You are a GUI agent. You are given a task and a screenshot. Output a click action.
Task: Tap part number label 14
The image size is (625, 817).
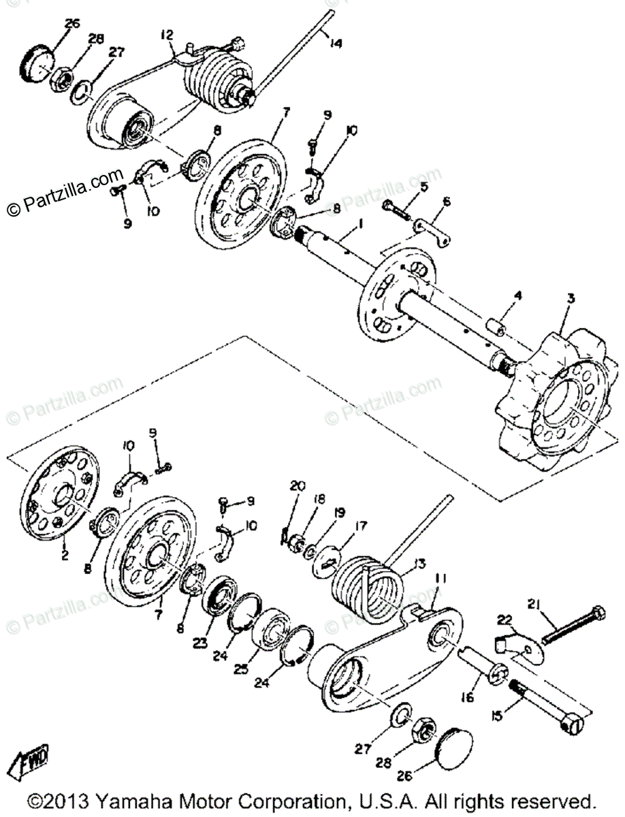(334, 45)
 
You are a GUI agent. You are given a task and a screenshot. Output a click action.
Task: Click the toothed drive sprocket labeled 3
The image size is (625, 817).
(551, 395)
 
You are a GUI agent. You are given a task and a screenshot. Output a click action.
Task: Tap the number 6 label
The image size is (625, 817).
(447, 202)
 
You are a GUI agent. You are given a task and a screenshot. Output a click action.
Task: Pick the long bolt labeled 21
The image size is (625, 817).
(572, 623)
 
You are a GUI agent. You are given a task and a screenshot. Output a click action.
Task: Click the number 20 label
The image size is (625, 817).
(294, 486)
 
